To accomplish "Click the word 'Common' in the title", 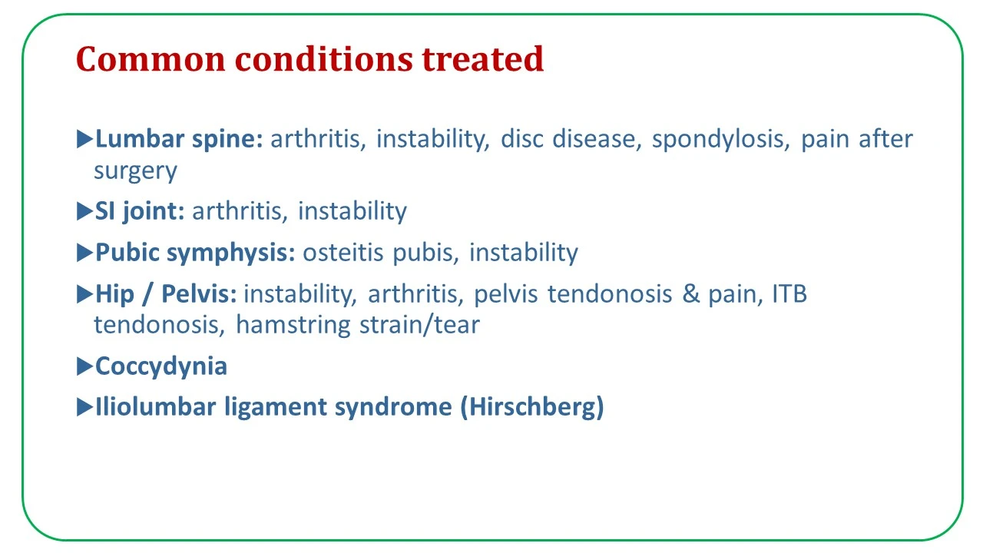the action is coord(151,59).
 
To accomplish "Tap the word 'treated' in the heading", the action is coord(482,59).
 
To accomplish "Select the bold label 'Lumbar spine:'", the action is coord(179,140).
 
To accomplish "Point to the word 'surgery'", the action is coord(135,171).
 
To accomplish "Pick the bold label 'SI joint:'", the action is coord(140,211).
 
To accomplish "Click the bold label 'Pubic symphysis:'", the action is coord(195,253).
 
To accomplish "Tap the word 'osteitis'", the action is coord(343,253).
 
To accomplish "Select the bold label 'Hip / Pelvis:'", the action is coord(166,293).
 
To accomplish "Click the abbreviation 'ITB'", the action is coord(789,294).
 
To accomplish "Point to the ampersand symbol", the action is coord(690,294).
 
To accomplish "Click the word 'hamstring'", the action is coord(293,326).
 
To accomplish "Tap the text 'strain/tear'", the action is coord(419,325).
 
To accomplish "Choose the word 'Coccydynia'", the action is coord(161,367).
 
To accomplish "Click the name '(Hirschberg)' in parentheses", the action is coord(532,407).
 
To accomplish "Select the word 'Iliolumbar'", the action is coord(156,406).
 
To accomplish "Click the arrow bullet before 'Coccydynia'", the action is coord(84,366).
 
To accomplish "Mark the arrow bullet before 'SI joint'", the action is coord(84,211).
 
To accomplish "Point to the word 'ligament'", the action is coord(275,407).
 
